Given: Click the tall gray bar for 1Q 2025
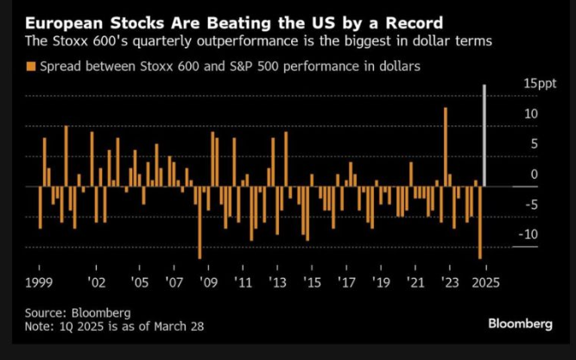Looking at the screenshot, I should tap(484, 135).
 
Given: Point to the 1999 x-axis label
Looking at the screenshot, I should tap(41, 282).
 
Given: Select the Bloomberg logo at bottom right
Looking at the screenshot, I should tap(520, 323).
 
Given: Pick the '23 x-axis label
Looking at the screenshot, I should tap(449, 282).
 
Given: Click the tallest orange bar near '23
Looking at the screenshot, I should tap(446, 147).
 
